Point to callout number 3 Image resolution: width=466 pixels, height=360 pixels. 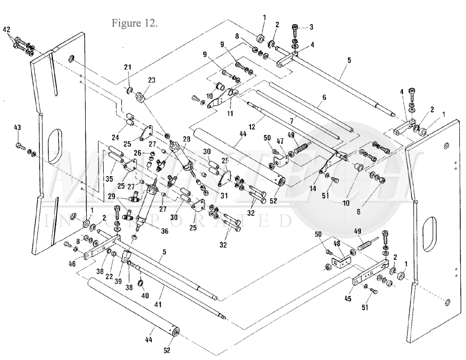(x=310, y=27)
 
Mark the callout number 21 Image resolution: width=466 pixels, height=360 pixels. (x=128, y=67)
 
